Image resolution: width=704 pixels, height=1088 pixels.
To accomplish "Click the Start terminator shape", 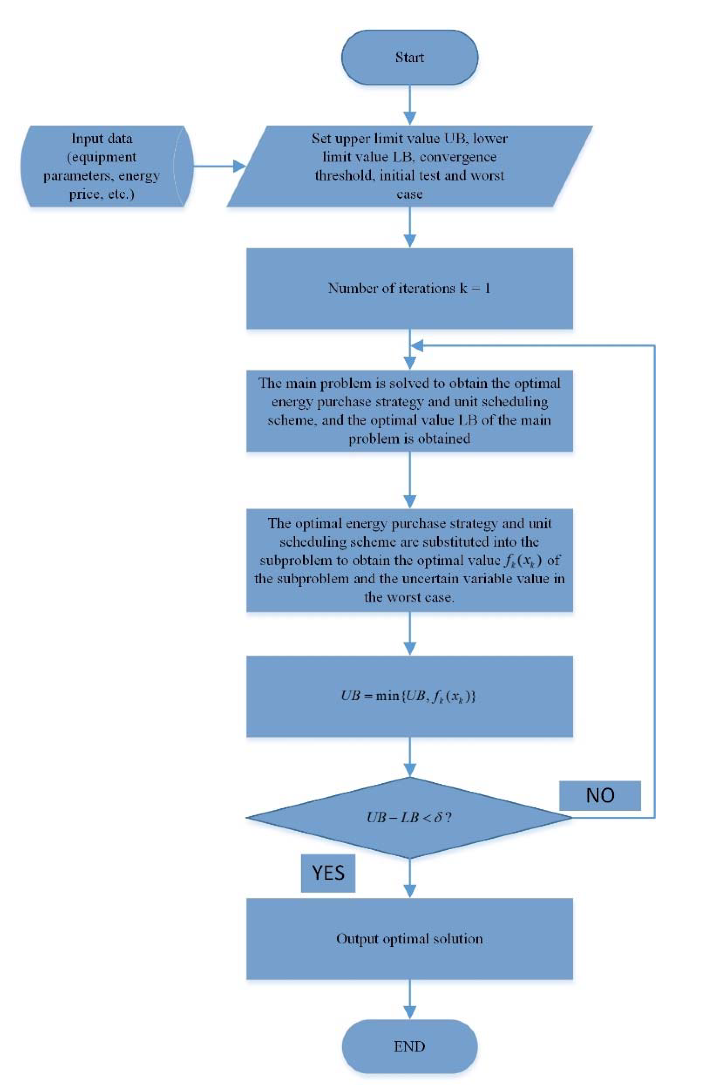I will (409, 57).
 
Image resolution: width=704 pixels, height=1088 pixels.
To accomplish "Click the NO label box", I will (600, 796).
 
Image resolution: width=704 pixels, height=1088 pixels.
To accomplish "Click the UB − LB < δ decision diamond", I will (409, 817).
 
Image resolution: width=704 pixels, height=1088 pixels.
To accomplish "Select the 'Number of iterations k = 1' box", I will (409, 288).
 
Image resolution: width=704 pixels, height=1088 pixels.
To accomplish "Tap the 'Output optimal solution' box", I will (409, 938).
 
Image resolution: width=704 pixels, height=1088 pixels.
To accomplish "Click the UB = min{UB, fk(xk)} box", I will (409, 696).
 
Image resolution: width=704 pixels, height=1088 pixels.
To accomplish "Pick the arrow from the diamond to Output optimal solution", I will (410, 877).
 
